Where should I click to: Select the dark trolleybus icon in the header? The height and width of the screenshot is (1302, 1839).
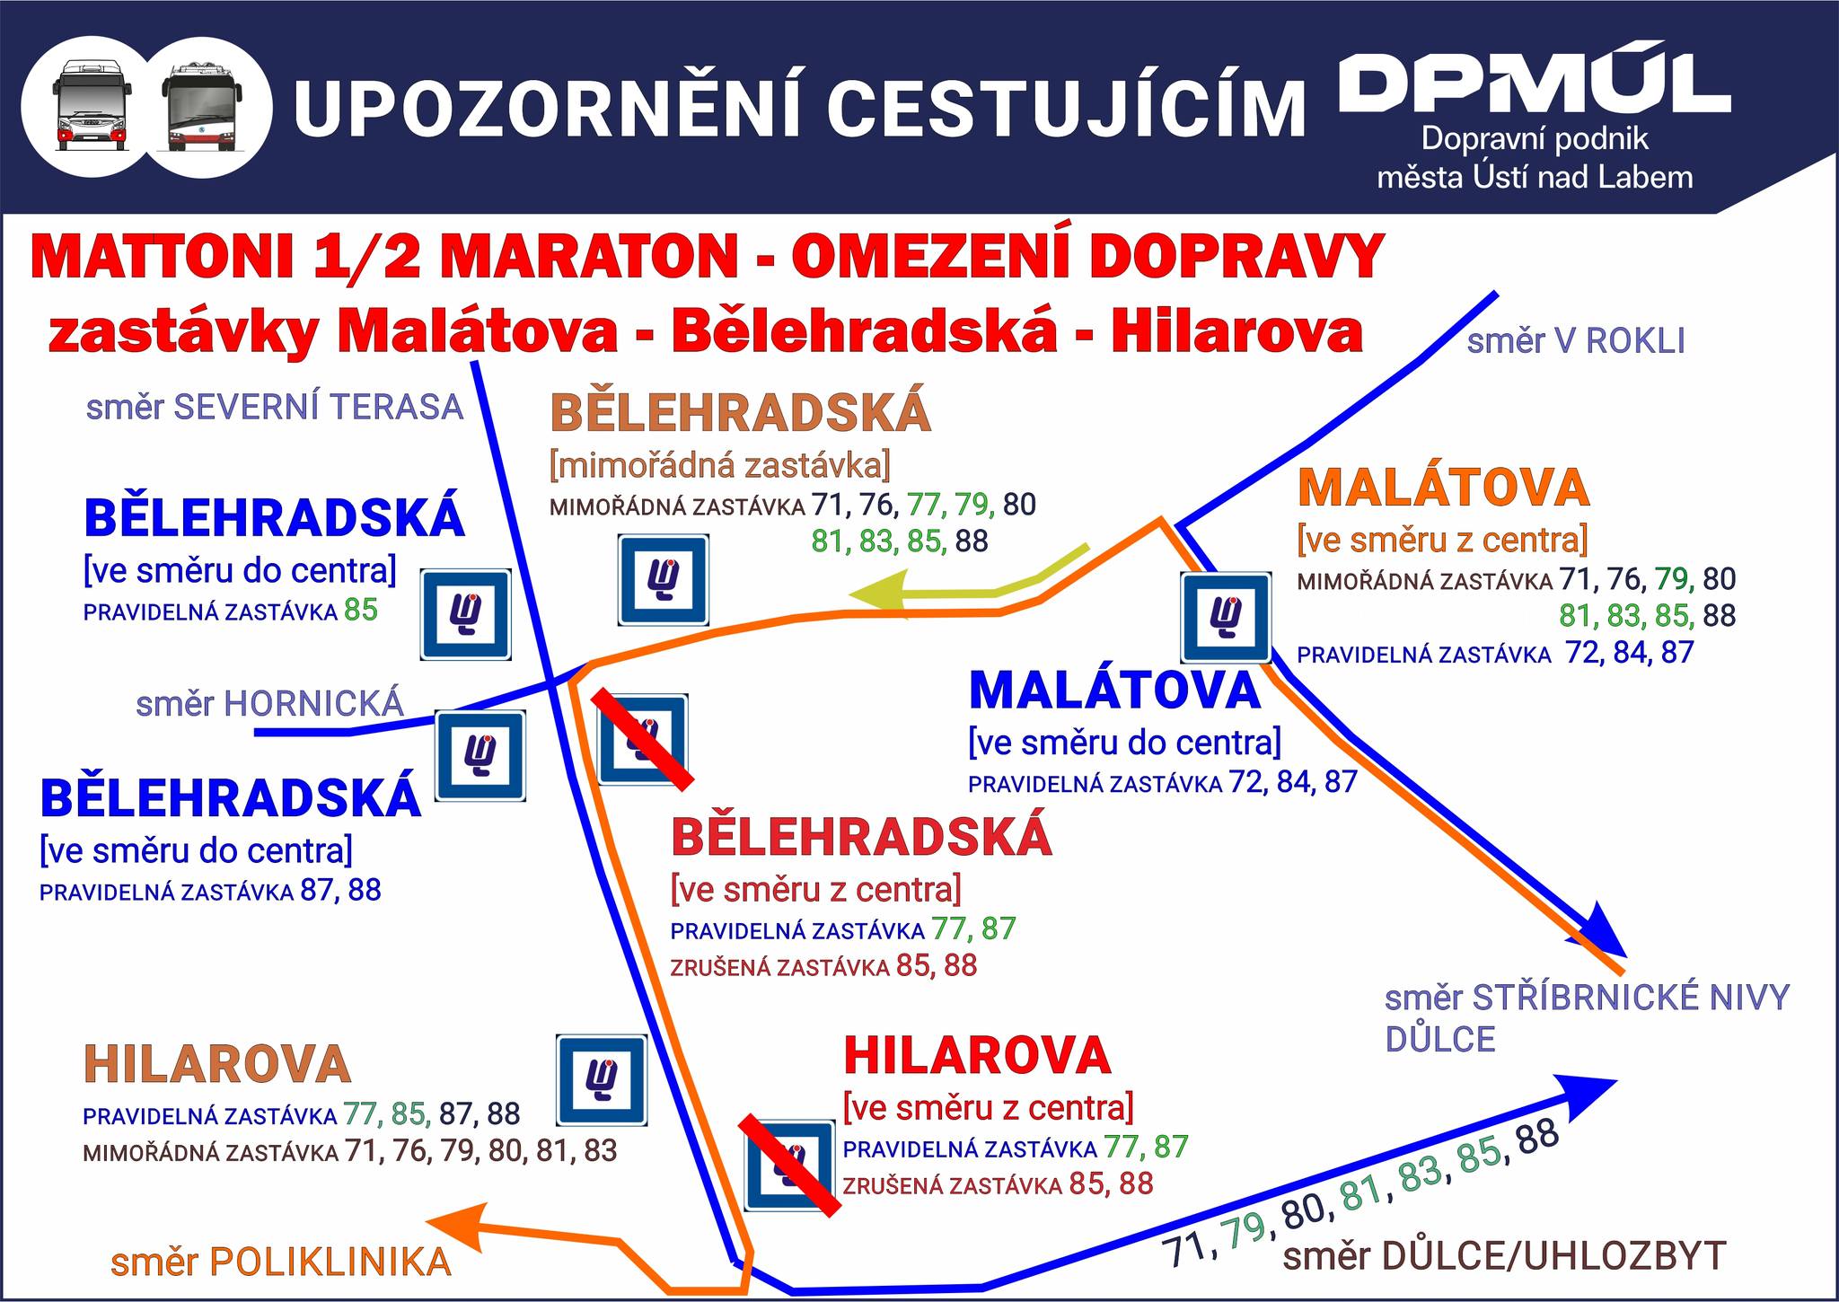(202, 105)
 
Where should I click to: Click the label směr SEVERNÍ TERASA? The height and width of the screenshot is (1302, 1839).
(275, 408)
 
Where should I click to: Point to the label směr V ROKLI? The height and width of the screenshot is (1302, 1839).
(1576, 341)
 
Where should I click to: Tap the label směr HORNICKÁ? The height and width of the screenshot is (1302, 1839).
(270, 704)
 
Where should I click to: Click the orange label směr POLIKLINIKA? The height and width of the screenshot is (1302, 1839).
(281, 1262)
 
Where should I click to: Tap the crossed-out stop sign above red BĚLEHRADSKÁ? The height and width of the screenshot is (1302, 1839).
(643, 739)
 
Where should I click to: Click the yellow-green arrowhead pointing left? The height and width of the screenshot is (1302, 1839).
(880, 595)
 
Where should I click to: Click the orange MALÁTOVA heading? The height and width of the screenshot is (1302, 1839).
(1444, 488)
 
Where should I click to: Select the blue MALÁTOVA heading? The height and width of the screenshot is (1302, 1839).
(1114, 691)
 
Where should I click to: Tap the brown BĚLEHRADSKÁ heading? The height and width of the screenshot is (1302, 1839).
(741, 413)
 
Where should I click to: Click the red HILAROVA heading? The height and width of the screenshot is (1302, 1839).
(978, 1056)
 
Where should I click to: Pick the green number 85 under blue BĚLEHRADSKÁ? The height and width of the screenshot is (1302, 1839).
(361, 611)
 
